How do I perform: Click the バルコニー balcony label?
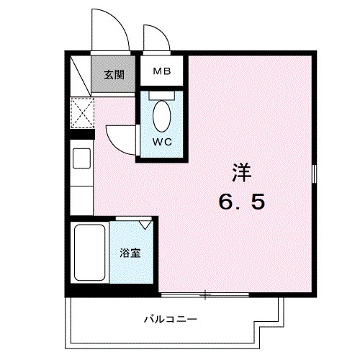tap(171, 318)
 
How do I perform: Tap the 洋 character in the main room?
tap(242, 173)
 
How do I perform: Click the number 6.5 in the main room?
tap(242, 202)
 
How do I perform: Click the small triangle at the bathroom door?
tap(147, 225)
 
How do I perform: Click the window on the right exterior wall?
tap(315, 174)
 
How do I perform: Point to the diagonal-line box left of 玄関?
tap(81, 75)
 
